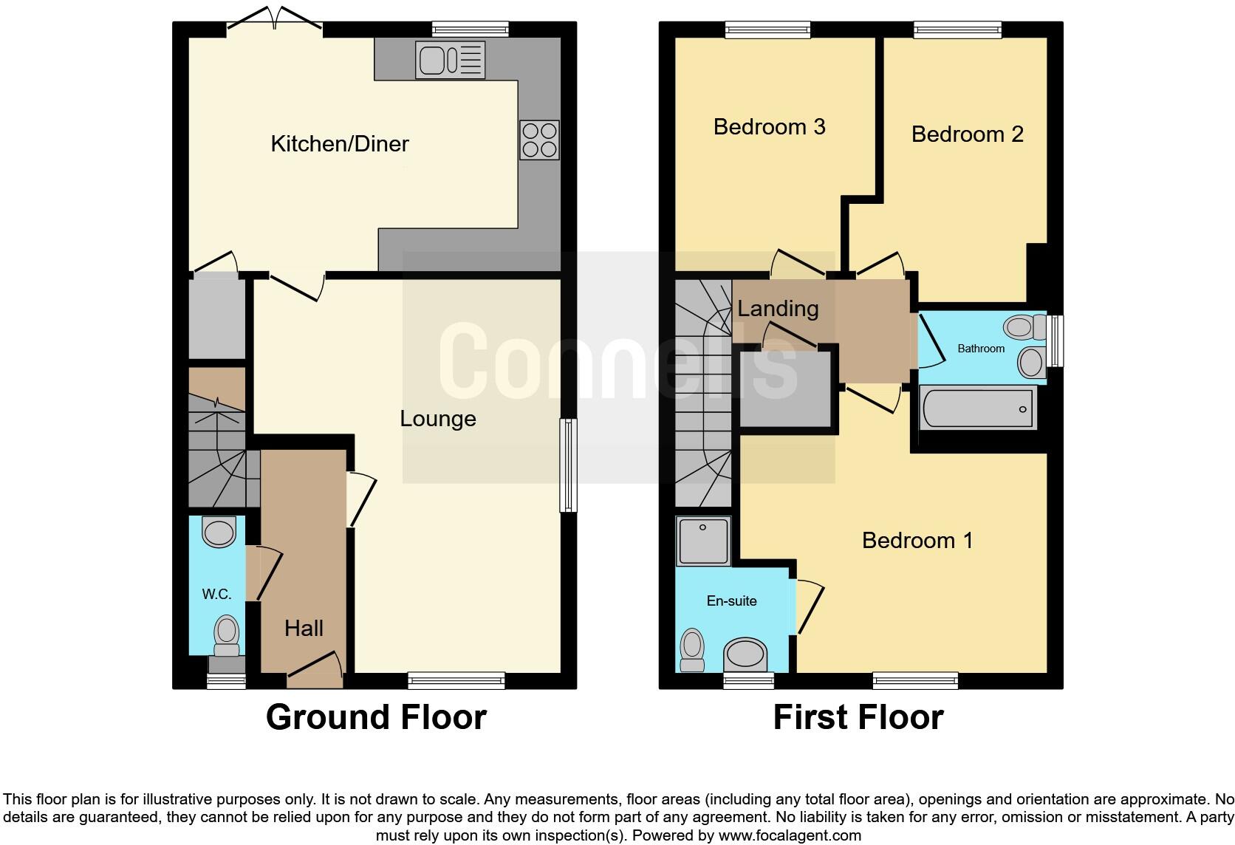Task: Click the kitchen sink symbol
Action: [450, 60]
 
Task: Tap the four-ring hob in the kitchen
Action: [539, 140]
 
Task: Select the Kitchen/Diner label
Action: [340, 144]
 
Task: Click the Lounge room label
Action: [437, 419]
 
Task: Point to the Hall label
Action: [304, 629]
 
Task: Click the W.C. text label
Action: [216, 595]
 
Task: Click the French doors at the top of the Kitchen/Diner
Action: [274, 21]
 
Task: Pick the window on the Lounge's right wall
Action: [567, 465]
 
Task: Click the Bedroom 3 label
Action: [769, 127]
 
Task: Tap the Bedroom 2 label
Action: [967, 134]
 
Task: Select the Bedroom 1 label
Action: [917, 541]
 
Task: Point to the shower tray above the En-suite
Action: [703, 542]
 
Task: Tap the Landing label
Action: [778, 309]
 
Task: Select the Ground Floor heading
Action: [376, 717]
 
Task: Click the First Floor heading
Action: [858, 717]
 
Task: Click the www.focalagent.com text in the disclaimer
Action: [790, 836]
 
